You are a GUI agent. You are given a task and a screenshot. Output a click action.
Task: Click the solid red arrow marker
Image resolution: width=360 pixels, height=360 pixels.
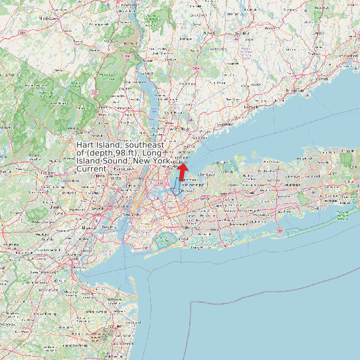[182, 171]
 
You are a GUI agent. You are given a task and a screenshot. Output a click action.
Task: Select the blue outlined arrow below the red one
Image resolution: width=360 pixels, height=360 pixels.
[177, 185]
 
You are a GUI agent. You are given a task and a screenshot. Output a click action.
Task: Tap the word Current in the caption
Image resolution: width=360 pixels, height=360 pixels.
[91, 169]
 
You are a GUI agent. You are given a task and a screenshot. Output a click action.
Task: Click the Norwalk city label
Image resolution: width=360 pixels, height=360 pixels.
[250, 106]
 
